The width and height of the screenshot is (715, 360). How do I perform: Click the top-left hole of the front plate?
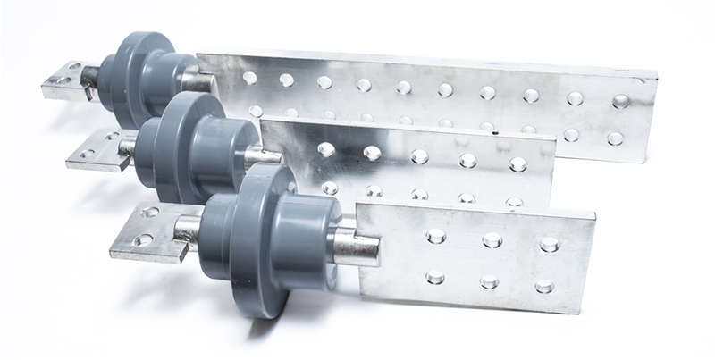[x=435, y=236]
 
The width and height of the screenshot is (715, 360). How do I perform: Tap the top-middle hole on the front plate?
[x=492, y=239]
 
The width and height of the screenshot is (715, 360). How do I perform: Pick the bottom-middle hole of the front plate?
[x=489, y=282]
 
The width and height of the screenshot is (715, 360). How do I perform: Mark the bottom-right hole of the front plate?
[x=543, y=287]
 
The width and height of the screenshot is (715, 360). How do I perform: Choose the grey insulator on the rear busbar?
[x=147, y=74]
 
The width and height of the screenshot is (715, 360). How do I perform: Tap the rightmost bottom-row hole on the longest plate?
[x=615, y=138]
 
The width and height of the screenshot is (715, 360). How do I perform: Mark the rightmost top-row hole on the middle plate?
[x=517, y=164]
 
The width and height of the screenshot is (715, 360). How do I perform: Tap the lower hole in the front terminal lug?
[x=144, y=240]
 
